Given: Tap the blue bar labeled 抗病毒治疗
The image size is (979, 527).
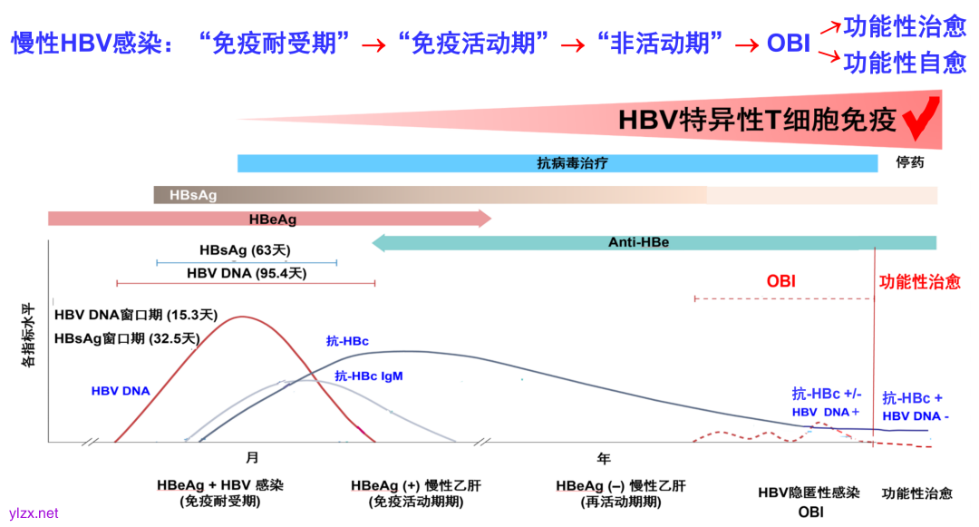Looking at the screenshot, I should pos(557,163).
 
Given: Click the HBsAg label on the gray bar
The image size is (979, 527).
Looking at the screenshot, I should pos(191,195).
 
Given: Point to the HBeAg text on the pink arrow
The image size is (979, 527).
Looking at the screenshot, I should pos(273,219).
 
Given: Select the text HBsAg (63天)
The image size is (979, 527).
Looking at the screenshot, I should pos(245,250).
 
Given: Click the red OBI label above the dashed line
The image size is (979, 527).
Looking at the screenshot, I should pos(780,281).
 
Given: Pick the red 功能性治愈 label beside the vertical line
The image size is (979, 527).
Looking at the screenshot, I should pos(920,282).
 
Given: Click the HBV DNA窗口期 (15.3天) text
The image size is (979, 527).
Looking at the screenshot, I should pos(136,316).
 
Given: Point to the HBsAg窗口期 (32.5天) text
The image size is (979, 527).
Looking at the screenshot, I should pos(126,338).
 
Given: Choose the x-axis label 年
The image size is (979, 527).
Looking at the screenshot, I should pos(604,459).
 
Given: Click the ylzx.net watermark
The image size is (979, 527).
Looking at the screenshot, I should pos(34,513).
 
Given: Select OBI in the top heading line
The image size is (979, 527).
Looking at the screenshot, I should pos(788,43).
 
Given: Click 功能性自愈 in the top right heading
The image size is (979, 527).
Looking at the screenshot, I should pos(904,63).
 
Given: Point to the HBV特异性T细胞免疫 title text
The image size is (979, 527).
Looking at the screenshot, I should pos(757,121).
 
